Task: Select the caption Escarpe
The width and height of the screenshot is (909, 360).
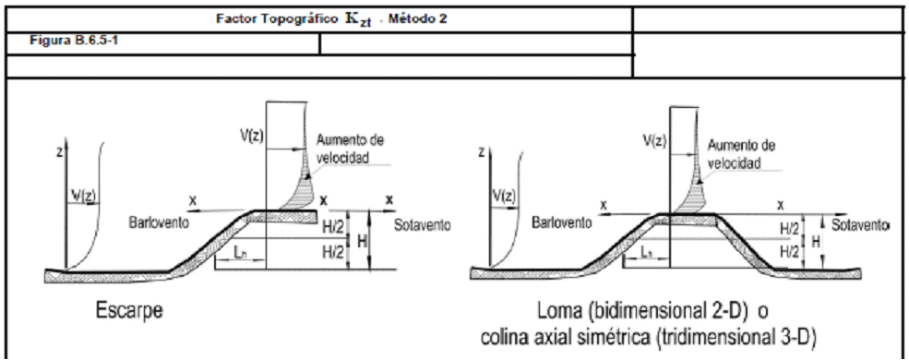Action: click(128, 311)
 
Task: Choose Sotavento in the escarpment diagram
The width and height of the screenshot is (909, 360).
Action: click(422, 225)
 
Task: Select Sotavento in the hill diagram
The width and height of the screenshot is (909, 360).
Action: click(861, 225)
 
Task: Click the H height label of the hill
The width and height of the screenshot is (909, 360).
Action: click(816, 242)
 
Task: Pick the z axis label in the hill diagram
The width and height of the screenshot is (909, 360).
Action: click(482, 152)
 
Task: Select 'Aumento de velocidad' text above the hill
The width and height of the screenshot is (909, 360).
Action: click(741, 153)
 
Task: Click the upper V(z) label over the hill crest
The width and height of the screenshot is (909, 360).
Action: click(654, 141)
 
